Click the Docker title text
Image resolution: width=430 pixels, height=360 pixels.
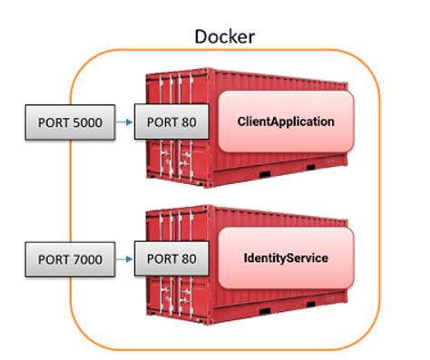(225, 37)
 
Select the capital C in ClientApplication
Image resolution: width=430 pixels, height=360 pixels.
(240, 121)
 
